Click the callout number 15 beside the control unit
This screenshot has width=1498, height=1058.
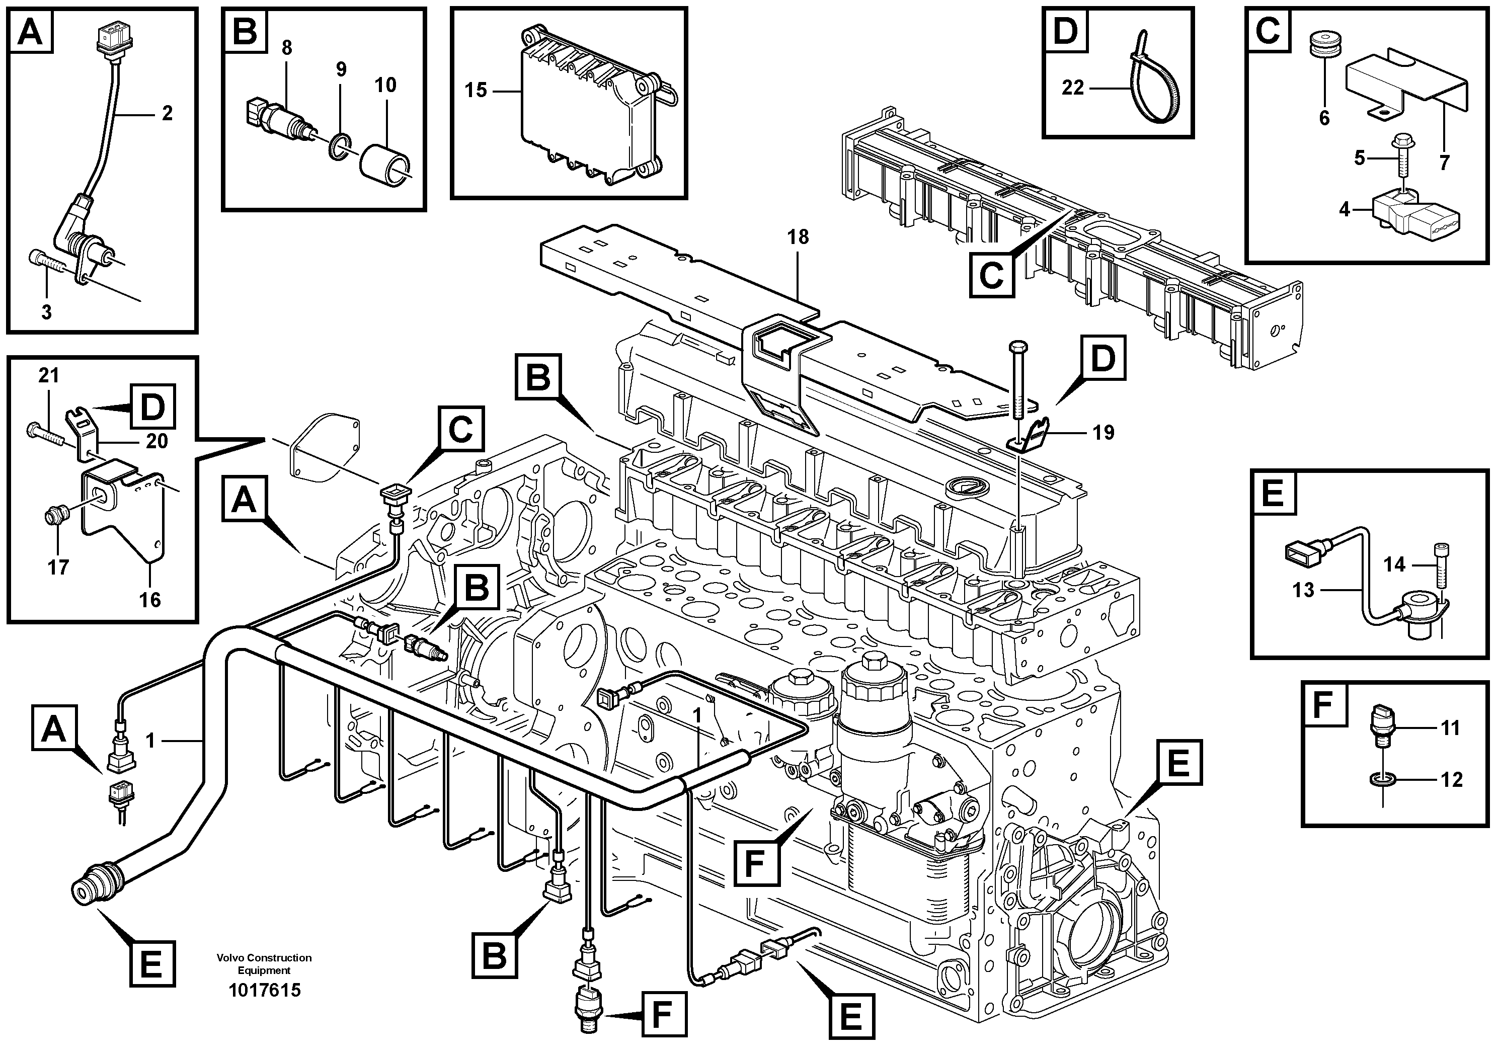pos(476,90)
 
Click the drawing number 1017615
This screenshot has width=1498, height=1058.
pos(264,990)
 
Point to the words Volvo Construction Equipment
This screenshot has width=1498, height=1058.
pos(264,963)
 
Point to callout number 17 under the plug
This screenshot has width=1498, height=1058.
pos(58,567)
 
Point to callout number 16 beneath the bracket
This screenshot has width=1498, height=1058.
pos(150,600)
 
